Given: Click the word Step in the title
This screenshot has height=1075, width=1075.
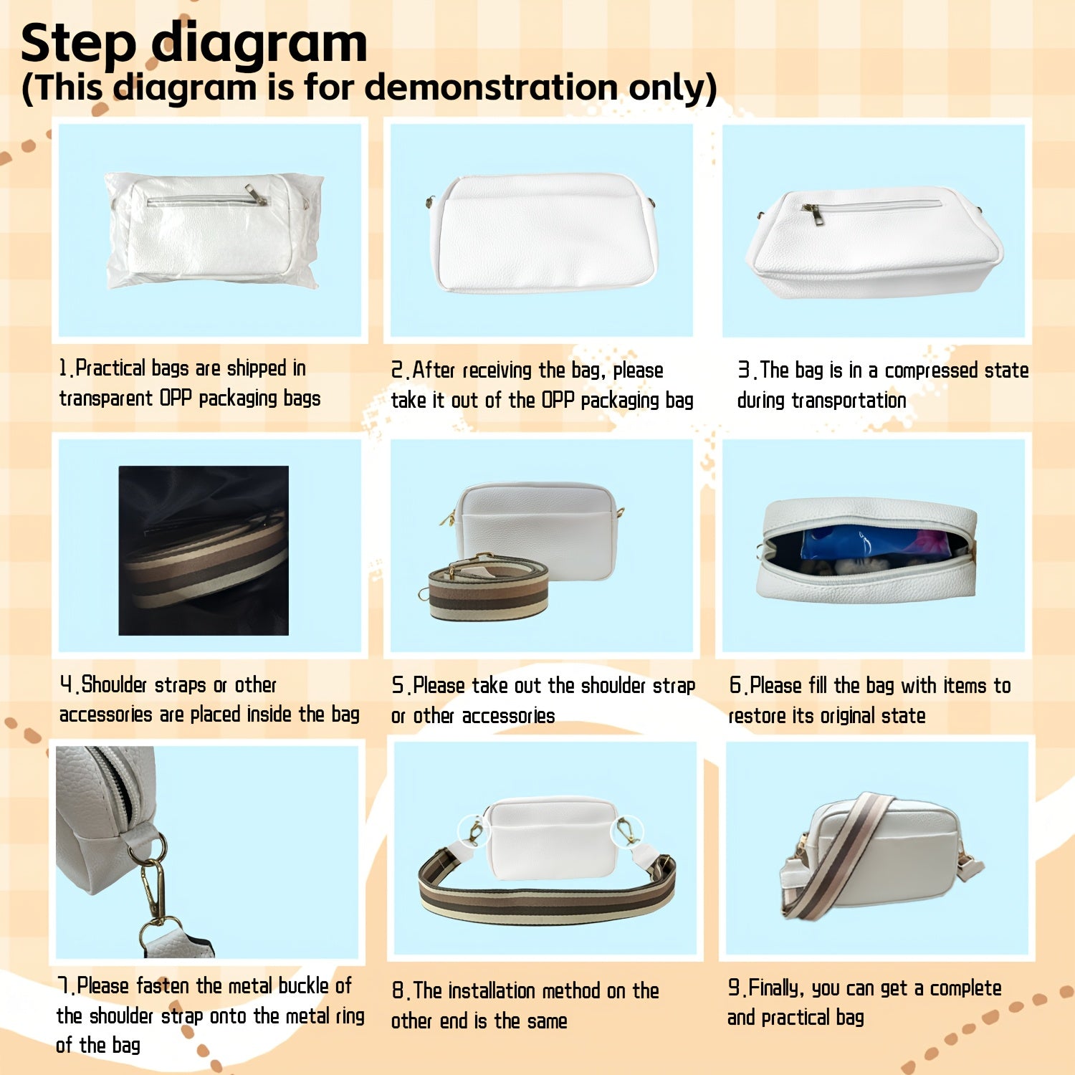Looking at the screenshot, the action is coord(78,44).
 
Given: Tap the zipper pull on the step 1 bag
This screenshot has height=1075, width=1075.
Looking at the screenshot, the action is coord(256,194).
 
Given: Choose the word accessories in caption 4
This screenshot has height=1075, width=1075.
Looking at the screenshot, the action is coord(105,715).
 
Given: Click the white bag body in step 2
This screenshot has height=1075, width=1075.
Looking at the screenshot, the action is coord(546,234).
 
